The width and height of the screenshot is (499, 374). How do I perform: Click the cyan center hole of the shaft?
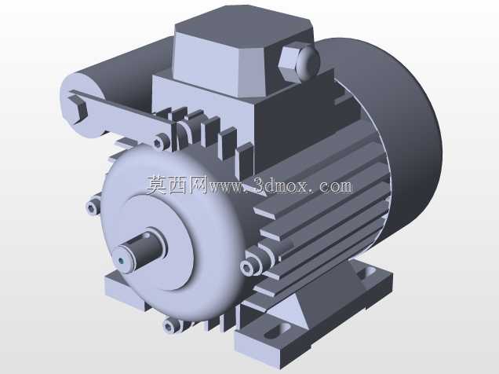coord(121,261)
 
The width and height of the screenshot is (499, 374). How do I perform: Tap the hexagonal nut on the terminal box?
coord(289,64)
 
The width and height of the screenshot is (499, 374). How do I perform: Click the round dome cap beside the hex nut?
coord(307,60)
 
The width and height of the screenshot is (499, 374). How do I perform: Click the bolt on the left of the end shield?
coord(93,207)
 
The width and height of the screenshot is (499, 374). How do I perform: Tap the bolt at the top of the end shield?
coord(160,141)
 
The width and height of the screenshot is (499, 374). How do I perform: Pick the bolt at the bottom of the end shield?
coord(170,325)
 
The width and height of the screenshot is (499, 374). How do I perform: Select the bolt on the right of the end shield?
coord(248,267)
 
